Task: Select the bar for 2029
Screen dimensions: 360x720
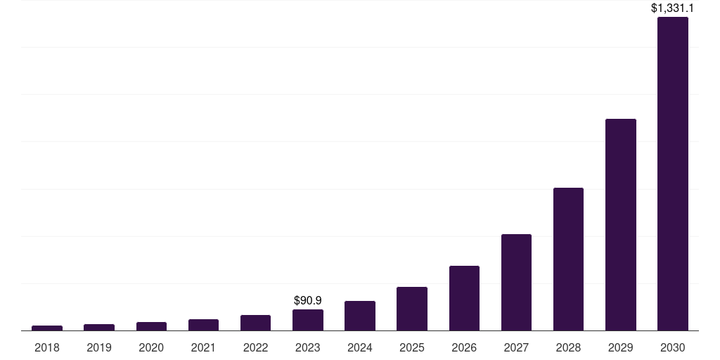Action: [620, 224]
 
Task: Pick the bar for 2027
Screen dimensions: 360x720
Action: [516, 282]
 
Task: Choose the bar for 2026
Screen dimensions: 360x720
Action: [464, 298]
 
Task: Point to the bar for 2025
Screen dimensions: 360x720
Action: [412, 309]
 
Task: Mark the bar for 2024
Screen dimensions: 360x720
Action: [360, 316]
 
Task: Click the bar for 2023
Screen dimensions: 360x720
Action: [308, 320]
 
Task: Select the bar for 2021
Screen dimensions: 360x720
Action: [203, 325]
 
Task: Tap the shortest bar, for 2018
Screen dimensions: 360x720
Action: [47, 328]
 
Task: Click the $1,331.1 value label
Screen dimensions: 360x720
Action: [672, 8]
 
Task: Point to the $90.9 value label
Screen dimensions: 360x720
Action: [308, 300]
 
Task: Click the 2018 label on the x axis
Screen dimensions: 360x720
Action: [47, 347]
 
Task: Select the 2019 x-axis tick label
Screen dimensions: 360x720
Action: [99, 347]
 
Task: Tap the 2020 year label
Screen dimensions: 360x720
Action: [151, 347]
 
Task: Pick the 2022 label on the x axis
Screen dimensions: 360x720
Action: [255, 347]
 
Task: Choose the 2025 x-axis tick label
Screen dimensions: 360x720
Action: [412, 347]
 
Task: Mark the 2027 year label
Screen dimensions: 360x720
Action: [516, 347]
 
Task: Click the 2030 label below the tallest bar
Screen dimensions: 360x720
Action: [672, 347]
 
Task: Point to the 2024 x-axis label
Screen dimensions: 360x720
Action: [360, 347]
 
